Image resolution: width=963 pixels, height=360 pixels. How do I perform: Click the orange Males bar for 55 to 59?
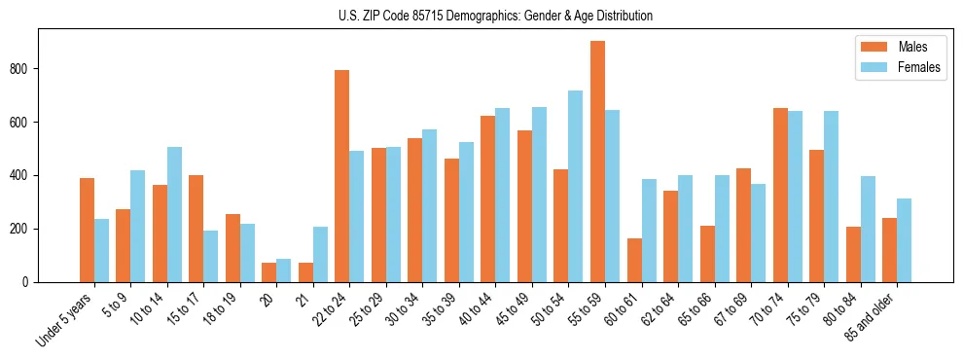point(597,162)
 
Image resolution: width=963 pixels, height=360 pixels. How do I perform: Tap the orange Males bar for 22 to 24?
point(341,176)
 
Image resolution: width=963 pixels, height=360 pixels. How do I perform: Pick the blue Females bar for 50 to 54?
point(576,186)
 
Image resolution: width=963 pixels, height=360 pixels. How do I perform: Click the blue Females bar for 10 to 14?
point(174,214)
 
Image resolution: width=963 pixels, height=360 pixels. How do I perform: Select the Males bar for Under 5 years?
point(87,230)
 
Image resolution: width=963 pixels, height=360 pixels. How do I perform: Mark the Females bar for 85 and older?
point(904,240)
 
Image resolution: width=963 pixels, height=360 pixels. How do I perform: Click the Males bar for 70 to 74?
point(780,195)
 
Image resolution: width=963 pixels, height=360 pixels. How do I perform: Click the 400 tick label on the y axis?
point(25,176)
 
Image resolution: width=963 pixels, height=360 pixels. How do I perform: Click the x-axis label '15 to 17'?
point(185,308)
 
